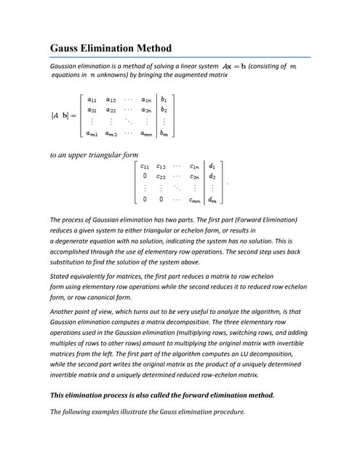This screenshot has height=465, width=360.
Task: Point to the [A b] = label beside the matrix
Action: click(x=64, y=116)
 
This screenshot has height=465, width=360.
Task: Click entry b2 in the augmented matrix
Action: click(x=164, y=110)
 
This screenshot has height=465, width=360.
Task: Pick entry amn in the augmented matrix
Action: click(x=145, y=134)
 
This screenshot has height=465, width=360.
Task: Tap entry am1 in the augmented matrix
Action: click(x=92, y=134)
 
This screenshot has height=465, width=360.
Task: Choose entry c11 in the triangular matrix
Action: click(x=145, y=166)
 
